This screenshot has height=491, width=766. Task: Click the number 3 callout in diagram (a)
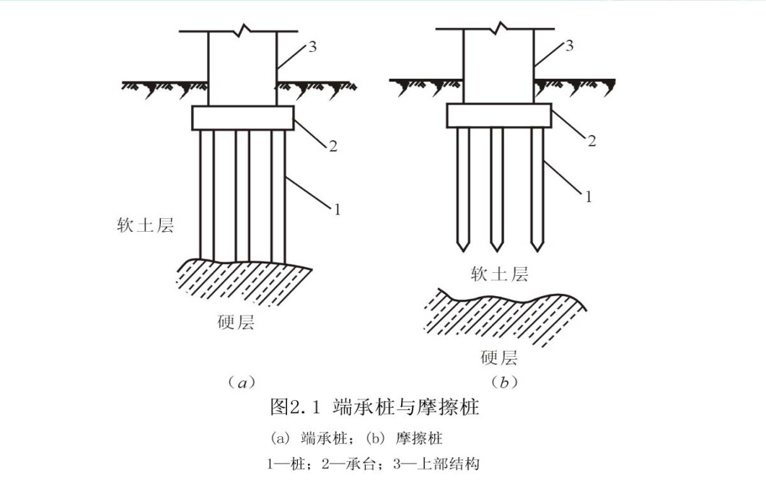pos(312,47)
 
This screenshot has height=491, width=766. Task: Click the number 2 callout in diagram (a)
pos(333,147)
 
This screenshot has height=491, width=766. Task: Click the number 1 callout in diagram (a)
pos(335,209)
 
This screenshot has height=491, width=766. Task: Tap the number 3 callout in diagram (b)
pos(569,46)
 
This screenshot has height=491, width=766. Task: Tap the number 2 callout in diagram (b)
pos(591,141)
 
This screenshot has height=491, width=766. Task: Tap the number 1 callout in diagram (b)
pos(588,196)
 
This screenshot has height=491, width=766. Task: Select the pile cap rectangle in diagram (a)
pos(242,118)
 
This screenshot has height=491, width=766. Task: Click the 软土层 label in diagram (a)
pos(146,225)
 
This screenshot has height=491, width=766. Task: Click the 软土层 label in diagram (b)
pos(499,274)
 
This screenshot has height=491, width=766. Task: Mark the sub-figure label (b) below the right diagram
pos(504,382)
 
